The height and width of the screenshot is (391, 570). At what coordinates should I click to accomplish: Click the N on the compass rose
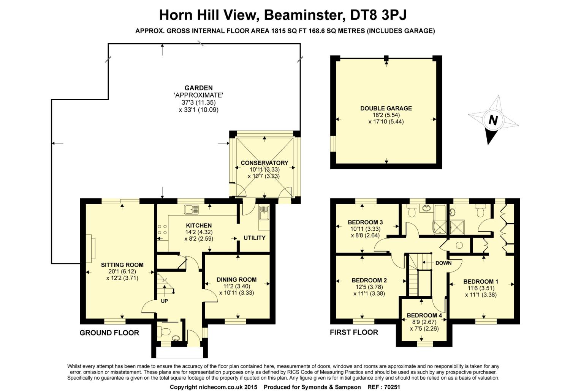click(x=493, y=120)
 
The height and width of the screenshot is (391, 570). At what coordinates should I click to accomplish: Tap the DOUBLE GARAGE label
click(x=386, y=108)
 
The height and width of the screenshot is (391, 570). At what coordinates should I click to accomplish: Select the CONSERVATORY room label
click(x=264, y=163)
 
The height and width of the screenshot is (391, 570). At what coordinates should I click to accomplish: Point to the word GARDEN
click(x=198, y=88)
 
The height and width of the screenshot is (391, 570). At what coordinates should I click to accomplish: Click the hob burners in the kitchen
click(x=162, y=230)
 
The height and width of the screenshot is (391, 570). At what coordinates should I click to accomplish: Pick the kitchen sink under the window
click(x=192, y=210)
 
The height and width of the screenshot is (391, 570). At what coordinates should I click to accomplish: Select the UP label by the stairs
click(x=165, y=301)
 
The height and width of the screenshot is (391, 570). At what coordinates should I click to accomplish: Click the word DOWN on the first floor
click(x=443, y=263)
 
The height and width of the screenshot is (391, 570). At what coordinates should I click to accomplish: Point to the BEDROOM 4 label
click(x=424, y=315)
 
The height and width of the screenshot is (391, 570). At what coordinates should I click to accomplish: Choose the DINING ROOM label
click(x=236, y=280)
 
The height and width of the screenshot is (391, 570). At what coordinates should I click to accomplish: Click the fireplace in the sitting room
click(x=90, y=248)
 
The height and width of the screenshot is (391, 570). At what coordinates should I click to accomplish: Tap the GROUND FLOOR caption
click(x=109, y=333)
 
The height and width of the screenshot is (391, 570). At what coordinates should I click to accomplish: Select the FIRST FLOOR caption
click(x=354, y=332)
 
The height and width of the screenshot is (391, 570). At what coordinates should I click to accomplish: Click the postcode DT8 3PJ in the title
click(x=378, y=15)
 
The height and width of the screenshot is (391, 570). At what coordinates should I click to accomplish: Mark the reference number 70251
click(x=392, y=387)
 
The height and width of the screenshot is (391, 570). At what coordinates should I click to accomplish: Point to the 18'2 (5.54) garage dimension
click(x=386, y=115)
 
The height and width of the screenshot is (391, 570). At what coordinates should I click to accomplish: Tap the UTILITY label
click(x=255, y=238)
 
